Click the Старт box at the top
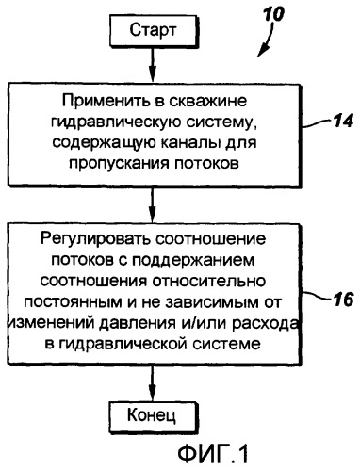coord(153,30)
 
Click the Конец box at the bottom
coord(155,413)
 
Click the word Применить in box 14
coord(105,100)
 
